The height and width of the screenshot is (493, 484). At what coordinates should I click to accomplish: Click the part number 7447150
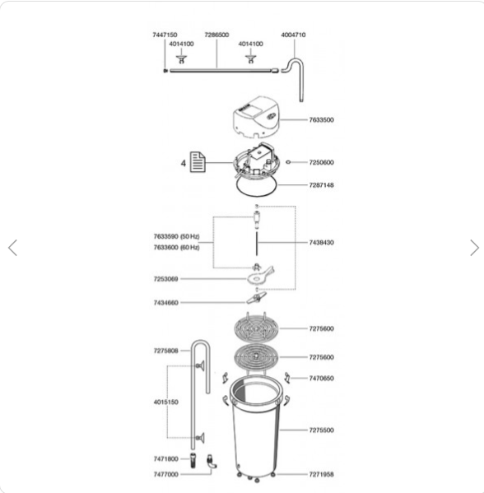[x=165, y=35]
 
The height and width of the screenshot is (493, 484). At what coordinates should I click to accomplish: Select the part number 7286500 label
[x=216, y=35]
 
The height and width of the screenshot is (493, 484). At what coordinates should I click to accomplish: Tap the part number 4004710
[x=293, y=35]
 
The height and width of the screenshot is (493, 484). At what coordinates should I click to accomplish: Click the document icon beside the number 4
[x=198, y=162]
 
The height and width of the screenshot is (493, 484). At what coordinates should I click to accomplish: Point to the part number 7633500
[x=321, y=120]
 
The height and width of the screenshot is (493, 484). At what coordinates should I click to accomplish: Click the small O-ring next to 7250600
[x=288, y=162]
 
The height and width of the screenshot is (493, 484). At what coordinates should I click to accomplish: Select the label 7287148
[x=321, y=185]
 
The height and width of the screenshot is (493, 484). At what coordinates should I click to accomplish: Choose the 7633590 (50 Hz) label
[x=176, y=236]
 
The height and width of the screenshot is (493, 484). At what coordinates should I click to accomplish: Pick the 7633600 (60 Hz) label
[x=176, y=248]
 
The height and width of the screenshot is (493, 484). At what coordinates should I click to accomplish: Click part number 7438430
[x=321, y=243]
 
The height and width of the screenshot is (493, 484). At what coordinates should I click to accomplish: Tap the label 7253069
[x=165, y=279]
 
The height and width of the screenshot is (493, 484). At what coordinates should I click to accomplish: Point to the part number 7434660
[x=165, y=303]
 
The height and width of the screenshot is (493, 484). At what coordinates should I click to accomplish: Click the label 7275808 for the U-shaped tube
[x=165, y=351]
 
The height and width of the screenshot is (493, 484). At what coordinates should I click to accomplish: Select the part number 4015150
[x=165, y=402]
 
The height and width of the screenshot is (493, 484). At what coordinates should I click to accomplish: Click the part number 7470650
[x=321, y=379]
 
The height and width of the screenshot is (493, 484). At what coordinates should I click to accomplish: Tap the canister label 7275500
[x=321, y=430]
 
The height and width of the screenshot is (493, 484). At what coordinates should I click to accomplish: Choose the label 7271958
[x=321, y=474]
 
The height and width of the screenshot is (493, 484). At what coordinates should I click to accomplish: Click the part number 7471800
[x=165, y=459]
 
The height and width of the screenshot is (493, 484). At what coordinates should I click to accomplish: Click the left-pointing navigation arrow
[x=12, y=248]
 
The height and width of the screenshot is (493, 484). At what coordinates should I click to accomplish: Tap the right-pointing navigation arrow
[x=474, y=248]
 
